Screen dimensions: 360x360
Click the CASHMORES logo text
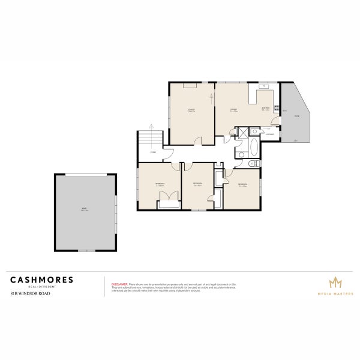coord(41,280)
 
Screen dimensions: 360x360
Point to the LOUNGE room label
coord(191,110)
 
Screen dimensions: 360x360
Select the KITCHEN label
coord(265,109)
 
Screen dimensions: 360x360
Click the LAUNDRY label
coord(271,134)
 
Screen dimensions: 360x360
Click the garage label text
coord(85,209)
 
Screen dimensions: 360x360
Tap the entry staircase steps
coord(151,140)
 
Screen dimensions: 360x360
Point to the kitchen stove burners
coord(277,109)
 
